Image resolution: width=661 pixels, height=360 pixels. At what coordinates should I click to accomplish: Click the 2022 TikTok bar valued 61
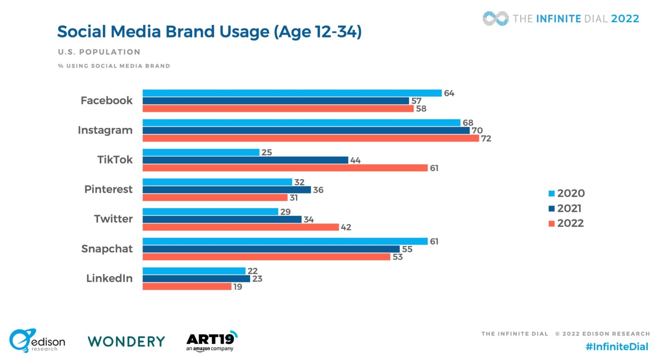(x=285, y=168)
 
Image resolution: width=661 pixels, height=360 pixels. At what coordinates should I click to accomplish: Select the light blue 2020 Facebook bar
(x=292, y=93)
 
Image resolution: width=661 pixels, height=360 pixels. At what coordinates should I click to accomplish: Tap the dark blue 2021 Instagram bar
(x=306, y=130)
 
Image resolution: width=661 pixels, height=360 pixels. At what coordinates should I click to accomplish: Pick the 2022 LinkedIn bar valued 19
(x=187, y=286)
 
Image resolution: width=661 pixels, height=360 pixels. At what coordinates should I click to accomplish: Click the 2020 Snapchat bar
(x=285, y=241)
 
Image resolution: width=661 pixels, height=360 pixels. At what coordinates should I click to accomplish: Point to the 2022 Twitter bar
(x=241, y=227)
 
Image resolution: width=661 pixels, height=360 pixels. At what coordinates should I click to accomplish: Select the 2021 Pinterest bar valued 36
(x=226, y=190)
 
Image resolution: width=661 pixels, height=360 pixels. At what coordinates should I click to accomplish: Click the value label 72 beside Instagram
(x=486, y=139)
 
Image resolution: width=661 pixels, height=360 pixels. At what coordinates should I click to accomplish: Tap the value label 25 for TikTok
(x=267, y=152)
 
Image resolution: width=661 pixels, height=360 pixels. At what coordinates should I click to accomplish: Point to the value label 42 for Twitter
(x=346, y=227)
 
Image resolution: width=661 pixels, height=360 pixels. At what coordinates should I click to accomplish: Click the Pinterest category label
(x=108, y=189)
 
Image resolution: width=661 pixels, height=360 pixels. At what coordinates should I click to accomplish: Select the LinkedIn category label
(x=109, y=278)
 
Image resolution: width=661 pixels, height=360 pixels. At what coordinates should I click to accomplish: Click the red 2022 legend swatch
(x=551, y=223)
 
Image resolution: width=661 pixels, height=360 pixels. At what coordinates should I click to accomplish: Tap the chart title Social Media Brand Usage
(x=209, y=32)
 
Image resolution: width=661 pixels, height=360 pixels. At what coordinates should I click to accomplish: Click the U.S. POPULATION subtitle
(x=99, y=52)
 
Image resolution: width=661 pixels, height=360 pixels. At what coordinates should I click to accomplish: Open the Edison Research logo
(x=37, y=341)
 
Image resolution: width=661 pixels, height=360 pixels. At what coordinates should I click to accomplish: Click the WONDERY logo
(x=127, y=341)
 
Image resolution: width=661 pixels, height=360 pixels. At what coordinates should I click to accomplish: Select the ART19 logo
(x=211, y=341)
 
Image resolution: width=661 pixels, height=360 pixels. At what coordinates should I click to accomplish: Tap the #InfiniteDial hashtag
(x=617, y=347)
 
